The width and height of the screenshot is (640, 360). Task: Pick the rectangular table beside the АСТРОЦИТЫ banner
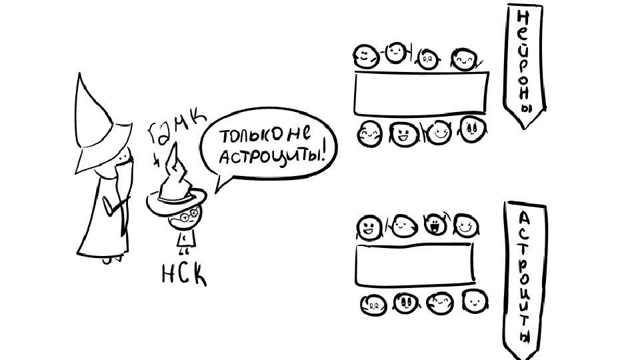413,264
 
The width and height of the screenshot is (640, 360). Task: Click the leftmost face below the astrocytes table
371,305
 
